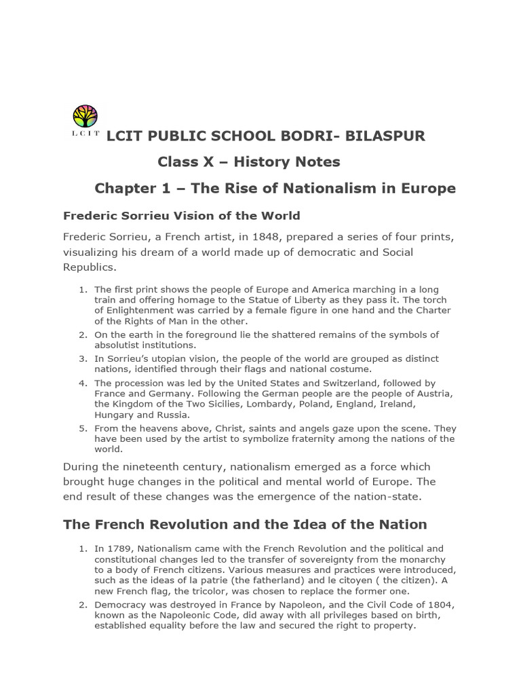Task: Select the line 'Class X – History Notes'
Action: click(249, 162)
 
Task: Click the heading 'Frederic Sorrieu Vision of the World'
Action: click(181, 216)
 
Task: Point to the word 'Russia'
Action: click(174, 415)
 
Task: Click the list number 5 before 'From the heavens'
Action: click(82, 428)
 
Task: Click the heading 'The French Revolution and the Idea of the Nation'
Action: click(245, 525)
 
